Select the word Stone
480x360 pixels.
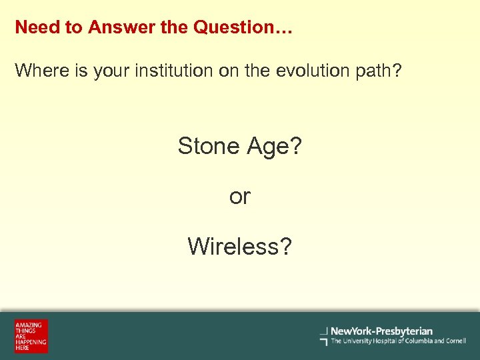pyautogui.click(x=209, y=145)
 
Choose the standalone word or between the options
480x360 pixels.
pyautogui.click(x=240, y=197)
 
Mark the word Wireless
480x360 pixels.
pyautogui.click(x=239, y=247)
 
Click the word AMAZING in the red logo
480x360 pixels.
pyautogui.click(x=29, y=325)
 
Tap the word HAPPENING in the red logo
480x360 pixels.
pyautogui.click(x=31, y=342)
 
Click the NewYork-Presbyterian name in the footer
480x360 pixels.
pyautogui.click(x=381, y=331)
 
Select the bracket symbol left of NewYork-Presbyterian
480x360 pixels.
pyautogui.click(x=324, y=336)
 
